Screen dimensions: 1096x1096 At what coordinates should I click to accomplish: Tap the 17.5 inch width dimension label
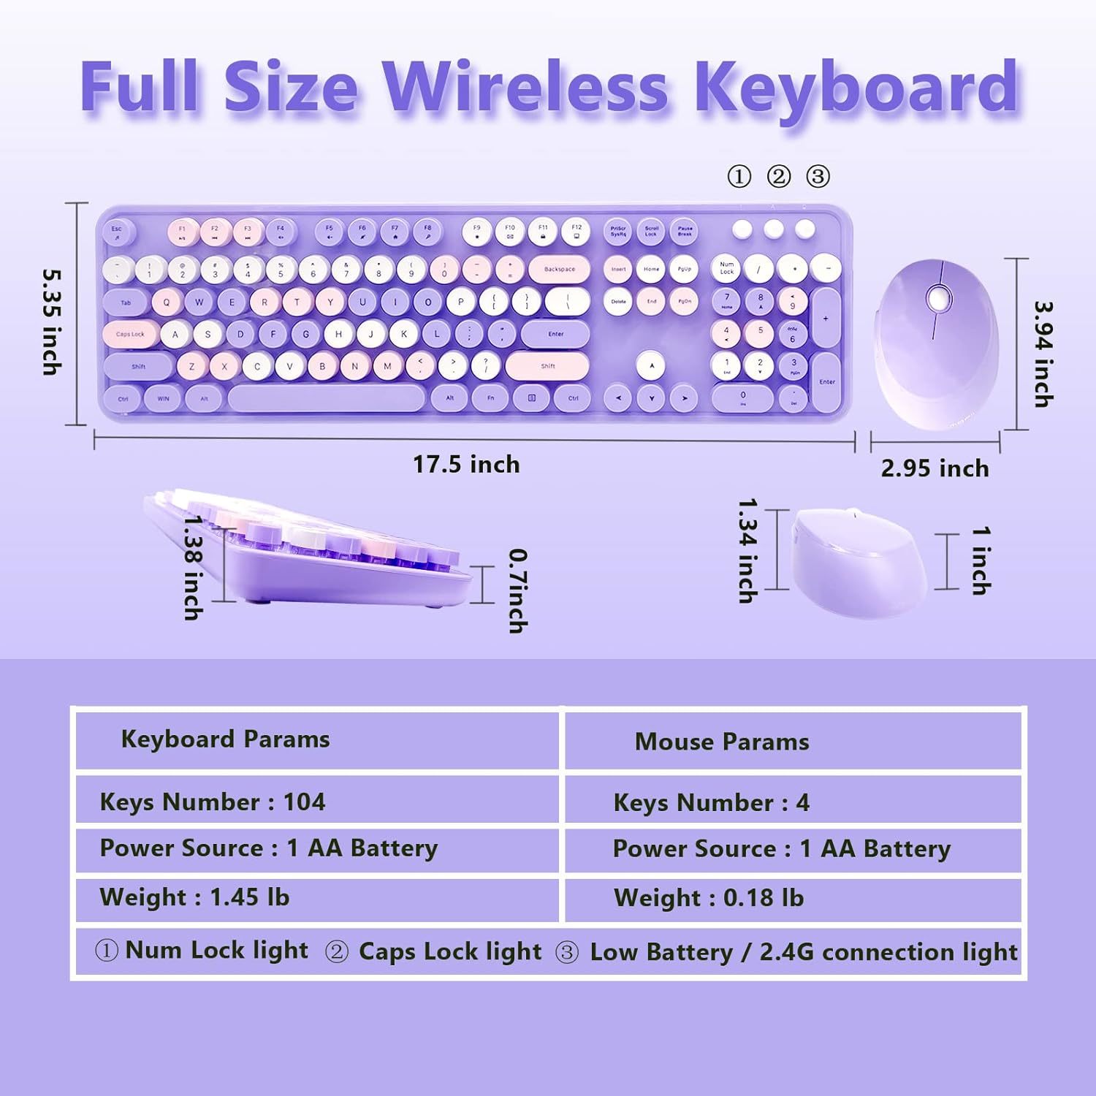pyautogui.click(x=466, y=465)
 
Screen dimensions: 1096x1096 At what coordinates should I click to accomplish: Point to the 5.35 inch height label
pyautogui.click(x=51, y=321)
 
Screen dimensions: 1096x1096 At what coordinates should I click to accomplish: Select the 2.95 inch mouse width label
pyautogui.click(x=935, y=468)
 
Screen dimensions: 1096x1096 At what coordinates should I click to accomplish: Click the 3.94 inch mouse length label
pyautogui.click(x=1044, y=354)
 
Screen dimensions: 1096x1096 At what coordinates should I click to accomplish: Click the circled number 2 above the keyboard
pyautogui.click(x=778, y=177)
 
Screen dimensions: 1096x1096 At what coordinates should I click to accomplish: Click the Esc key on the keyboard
pyautogui.click(x=116, y=232)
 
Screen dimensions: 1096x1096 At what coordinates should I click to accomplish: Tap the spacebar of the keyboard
pyautogui.click(x=327, y=398)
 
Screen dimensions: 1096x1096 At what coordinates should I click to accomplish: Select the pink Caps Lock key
pyautogui.click(x=130, y=335)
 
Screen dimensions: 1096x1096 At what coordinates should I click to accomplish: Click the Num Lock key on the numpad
pyautogui.click(x=727, y=268)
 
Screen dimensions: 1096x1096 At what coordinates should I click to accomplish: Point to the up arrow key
pyautogui.click(x=651, y=365)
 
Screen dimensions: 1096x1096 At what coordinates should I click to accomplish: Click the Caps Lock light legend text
pyautogui.click(x=450, y=951)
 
